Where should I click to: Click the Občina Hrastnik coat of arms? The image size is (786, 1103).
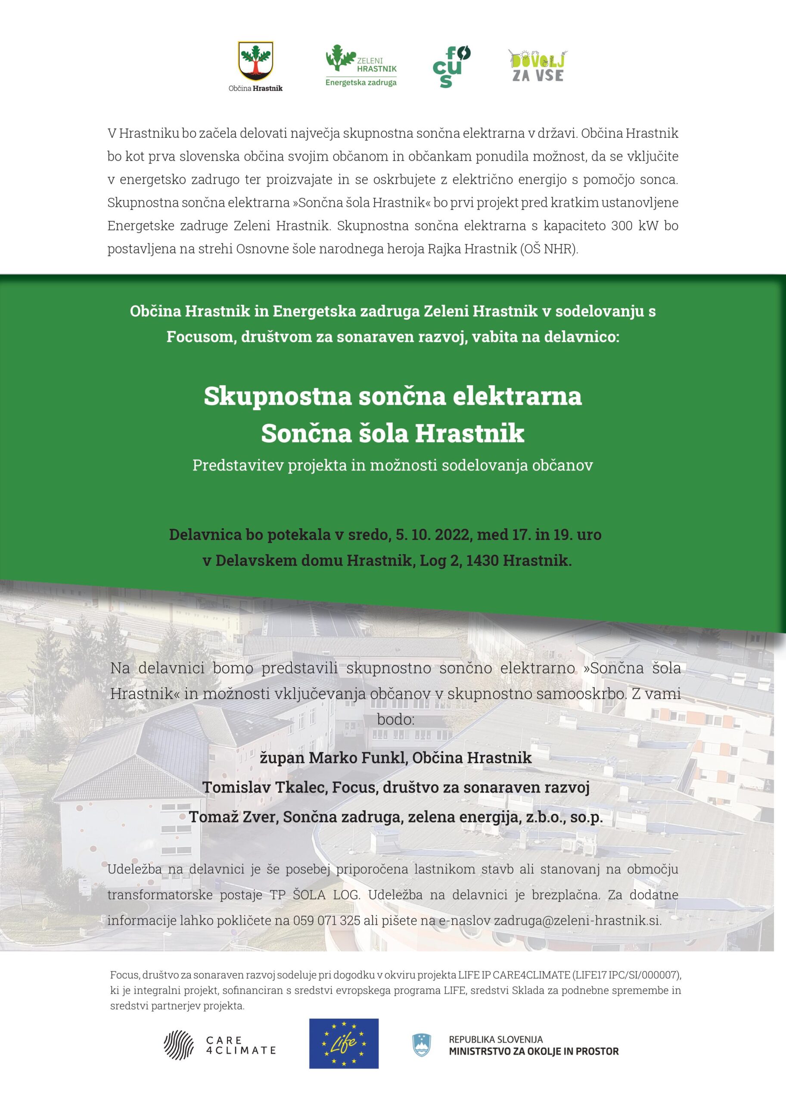coord(255,62)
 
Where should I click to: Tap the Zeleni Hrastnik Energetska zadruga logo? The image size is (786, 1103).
coord(361,65)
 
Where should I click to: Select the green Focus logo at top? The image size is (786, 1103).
coord(451,66)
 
